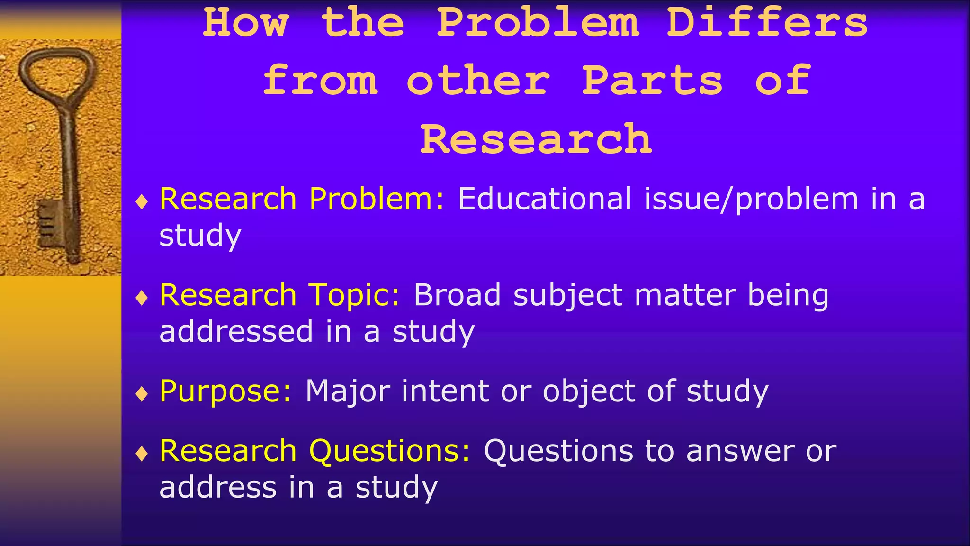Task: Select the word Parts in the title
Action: pyautogui.click(x=652, y=81)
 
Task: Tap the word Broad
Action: pyautogui.click(x=457, y=295)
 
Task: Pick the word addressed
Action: pyautogui.click(x=236, y=331)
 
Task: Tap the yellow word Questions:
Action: pyautogui.click(x=390, y=451)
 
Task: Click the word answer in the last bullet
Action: pyautogui.click(x=740, y=451)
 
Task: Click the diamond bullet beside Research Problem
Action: pyautogui.click(x=142, y=201)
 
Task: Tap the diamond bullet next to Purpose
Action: pyautogui.click(x=142, y=393)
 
